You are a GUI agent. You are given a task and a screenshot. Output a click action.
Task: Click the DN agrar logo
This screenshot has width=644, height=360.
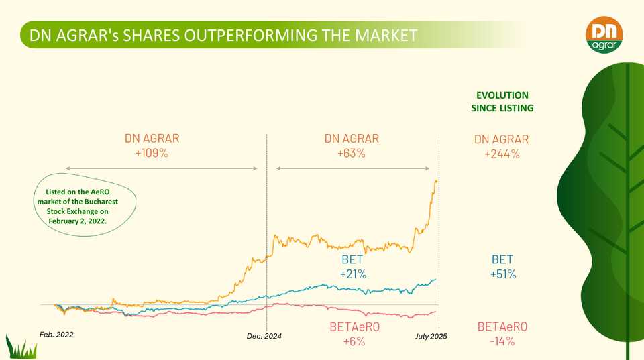[x=604, y=34]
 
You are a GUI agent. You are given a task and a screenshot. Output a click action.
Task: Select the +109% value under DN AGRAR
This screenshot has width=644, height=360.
[x=152, y=154]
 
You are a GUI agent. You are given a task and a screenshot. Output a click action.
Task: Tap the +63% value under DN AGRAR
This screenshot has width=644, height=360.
[x=352, y=154]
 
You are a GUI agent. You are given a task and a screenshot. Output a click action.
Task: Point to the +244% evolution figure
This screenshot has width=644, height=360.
[x=501, y=154]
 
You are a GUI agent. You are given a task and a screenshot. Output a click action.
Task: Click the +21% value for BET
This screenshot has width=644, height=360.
[x=352, y=274]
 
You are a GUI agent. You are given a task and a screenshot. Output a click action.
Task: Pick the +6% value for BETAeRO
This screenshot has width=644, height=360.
[x=355, y=341]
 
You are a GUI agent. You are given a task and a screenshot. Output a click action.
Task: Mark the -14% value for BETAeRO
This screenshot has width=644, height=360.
[x=502, y=341]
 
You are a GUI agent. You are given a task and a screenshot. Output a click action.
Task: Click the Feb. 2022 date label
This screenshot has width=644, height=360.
[x=56, y=334]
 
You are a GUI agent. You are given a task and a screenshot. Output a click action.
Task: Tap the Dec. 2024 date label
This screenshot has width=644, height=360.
[x=264, y=336]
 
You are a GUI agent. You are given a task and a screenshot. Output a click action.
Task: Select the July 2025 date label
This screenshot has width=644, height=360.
[x=431, y=336]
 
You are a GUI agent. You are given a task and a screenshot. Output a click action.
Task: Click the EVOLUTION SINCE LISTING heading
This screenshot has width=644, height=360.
[x=502, y=101]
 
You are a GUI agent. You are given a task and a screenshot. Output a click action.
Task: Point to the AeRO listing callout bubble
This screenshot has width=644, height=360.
[x=85, y=206]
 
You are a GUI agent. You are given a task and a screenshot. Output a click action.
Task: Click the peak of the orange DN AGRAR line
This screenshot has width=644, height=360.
[x=436, y=180]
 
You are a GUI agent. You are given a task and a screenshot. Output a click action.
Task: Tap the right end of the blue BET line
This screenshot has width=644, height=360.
[x=435, y=279]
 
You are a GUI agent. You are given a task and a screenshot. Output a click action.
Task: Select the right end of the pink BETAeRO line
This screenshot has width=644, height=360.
[x=435, y=312]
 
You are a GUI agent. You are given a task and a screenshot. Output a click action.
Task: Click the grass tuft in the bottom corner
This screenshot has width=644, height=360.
[x=20, y=347]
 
